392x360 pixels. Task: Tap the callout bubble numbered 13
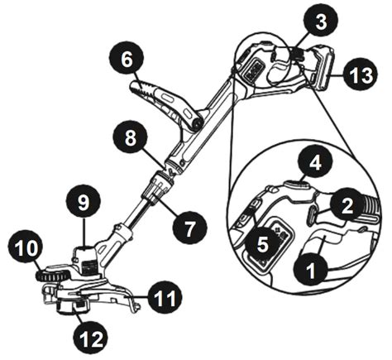361,75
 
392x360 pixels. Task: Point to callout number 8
131,138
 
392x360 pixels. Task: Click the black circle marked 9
84,204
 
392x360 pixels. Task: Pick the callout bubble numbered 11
165,298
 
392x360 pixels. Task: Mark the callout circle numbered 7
189,228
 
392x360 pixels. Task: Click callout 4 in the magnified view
316,165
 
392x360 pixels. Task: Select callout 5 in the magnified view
262,245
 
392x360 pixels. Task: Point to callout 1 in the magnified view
311,271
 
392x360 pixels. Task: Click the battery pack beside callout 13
322,68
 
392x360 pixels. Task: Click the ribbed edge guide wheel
52,275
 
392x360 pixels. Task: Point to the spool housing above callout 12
73,307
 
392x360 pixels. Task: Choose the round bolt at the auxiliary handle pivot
198,123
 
